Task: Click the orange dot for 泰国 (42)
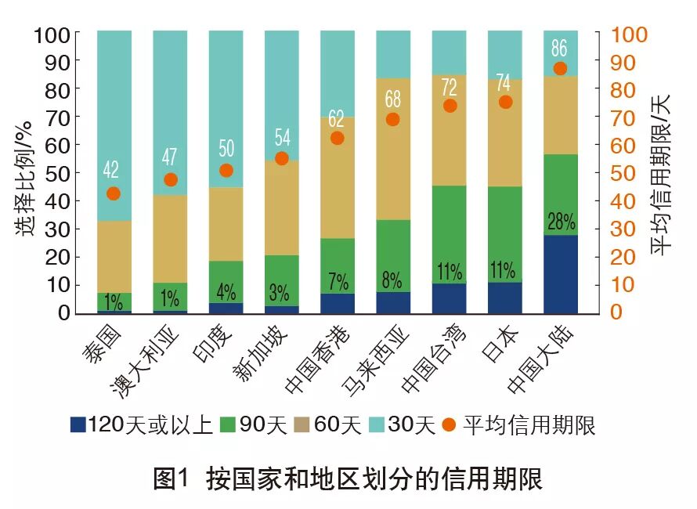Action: (x=114, y=193)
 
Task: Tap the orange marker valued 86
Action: (x=560, y=68)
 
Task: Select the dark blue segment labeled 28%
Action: (x=560, y=274)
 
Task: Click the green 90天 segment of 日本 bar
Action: (x=504, y=234)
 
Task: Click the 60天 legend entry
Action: (x=329, y=425)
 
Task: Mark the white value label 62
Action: (x=337, y=118)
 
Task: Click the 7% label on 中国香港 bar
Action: (x=337, y=281)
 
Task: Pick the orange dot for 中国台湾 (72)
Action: (x=449, y=106)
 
